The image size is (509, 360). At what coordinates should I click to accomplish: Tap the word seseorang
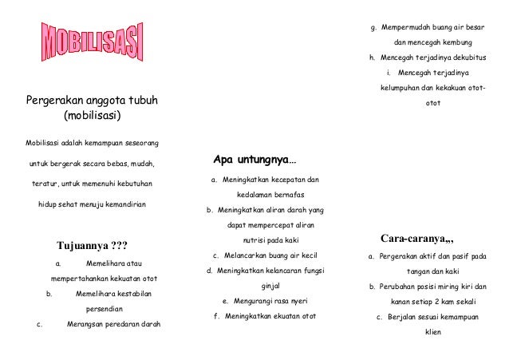136,143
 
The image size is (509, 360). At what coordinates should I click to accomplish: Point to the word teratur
45,184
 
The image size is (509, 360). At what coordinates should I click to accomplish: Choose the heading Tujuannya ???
92,244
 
